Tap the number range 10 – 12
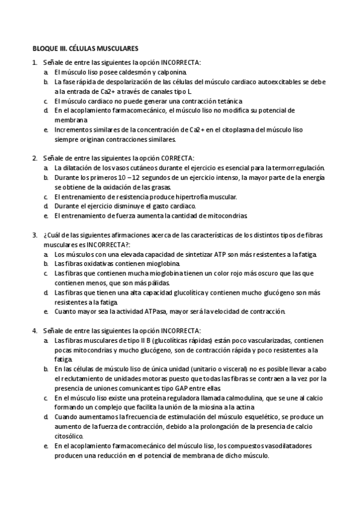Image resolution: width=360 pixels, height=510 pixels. coord(120,177)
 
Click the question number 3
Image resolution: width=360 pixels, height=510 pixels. coord(34,235)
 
